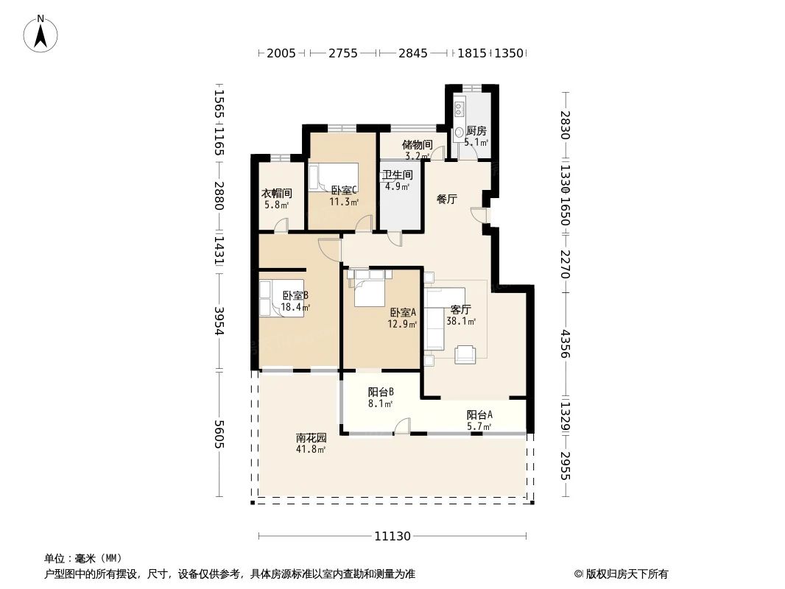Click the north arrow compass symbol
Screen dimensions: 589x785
(x=42, y=32)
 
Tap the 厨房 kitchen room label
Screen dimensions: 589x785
(x=476, y=131)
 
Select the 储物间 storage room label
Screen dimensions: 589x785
(x=417, y=144)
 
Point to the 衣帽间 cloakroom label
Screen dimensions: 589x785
(x=277, y=194)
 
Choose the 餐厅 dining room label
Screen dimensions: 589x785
(x=447, y=199)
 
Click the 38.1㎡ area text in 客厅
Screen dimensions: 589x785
(x=461, y=321)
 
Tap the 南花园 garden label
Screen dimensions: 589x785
(x=311, y=437)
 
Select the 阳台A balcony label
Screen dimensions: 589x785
(x=479, y=415)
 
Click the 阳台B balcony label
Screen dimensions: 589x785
(x=381, y=392)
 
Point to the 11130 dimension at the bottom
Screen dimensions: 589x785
(x=392, y=536)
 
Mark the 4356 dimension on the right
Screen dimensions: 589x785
(x=565, y=343)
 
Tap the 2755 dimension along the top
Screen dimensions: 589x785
(x=343, y=53)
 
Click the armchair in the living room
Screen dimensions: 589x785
(x=465, y=354)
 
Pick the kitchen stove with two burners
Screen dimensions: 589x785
(x=460, y=110)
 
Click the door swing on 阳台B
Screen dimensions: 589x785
(x=402, y=425)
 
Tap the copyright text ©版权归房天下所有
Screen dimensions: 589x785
(x=621, y=574)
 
